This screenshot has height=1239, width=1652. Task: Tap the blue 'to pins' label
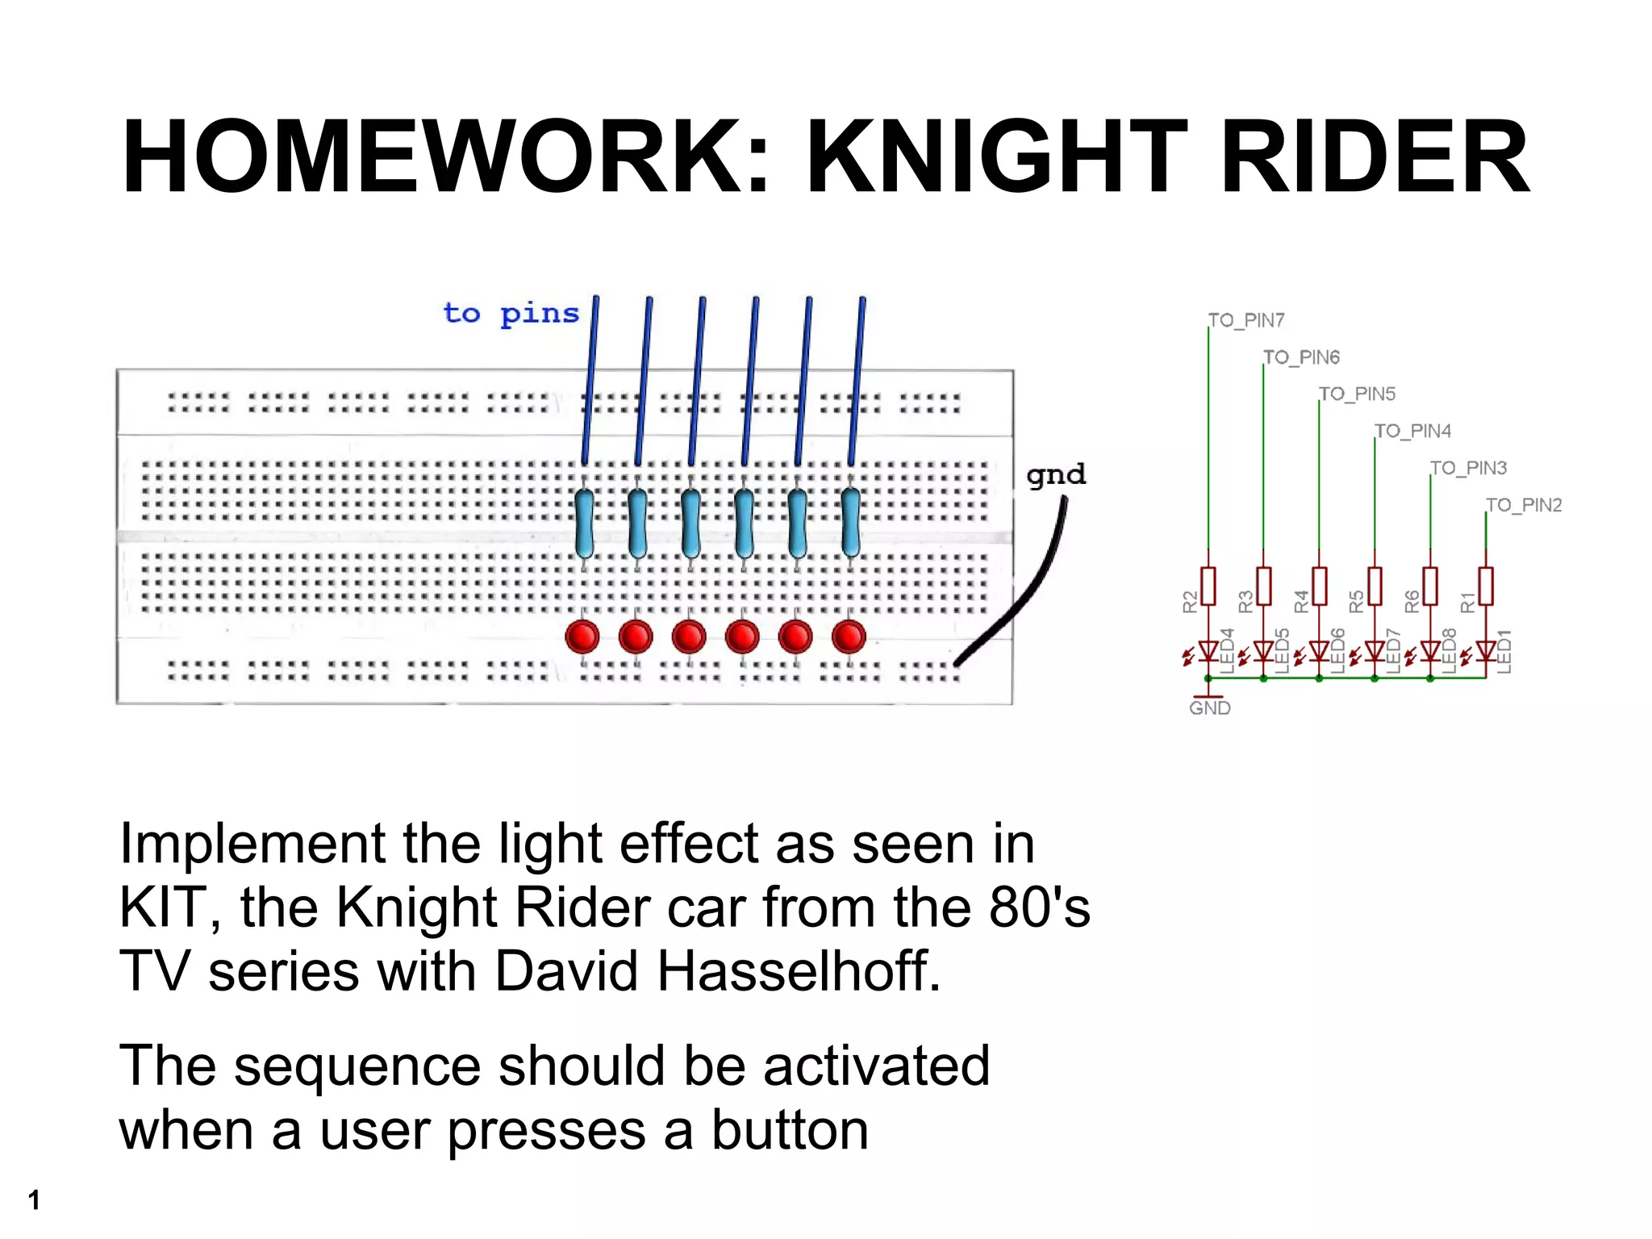pyautogui.click(x=511, y=313)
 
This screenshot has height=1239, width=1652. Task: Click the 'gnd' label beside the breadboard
pyautogui.click(x=1056, y=474)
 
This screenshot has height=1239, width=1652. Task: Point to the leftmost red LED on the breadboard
pyautogui.click(x=582, y=636)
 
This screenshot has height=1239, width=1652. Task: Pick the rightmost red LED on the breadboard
pyautogui.click(x=849, y=636)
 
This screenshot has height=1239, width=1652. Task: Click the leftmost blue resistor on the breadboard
pyautogui.click(x=584, y=524)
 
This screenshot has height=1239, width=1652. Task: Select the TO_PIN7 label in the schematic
pyautogui.click(x=1246, y=320)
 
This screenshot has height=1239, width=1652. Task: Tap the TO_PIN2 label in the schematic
pyautogui.click(x=1524, y=505)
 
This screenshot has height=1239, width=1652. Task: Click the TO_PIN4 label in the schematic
pyautogui.click(x=1412, y=431)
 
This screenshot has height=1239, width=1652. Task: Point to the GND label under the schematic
pyautogui.click(x=1209, y=708)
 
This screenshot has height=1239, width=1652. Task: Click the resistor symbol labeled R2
pyautogui.click(x=1208, y=586)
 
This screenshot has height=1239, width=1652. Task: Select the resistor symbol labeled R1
pyautogui.click(x=1486, y=586)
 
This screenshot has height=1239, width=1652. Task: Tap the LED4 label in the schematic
pyautogui.click(x=1227, y=650)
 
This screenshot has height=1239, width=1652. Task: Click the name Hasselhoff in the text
pyautogui.click(x=799, y=970)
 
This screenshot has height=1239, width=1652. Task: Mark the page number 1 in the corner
pyautogui.click(x=34, y=1199)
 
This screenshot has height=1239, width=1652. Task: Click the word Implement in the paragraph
pyautogui.click(x=252, y=845)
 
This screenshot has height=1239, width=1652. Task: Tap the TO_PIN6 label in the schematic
pyautogui.click(x=1301, y=357)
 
